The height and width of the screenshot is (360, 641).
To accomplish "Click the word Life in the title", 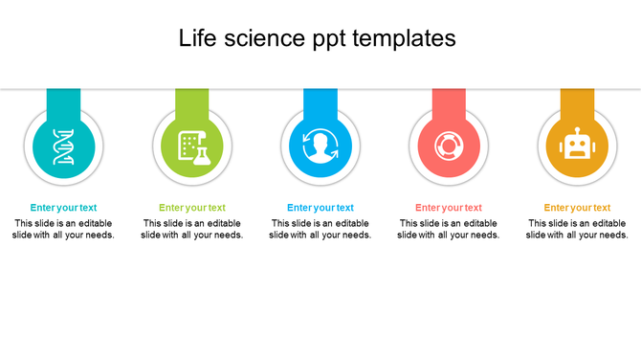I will coord(198,38).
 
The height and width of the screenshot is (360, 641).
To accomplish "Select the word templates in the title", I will coord(404,38).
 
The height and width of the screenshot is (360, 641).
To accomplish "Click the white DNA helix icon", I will coord(64,146).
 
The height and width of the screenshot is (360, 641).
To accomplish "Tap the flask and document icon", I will coord(192,146).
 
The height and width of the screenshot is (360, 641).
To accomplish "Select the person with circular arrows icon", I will coord(320,146).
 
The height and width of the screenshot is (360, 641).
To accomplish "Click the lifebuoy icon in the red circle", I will coord(449,146).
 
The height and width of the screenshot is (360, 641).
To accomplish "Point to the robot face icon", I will coord(577,146).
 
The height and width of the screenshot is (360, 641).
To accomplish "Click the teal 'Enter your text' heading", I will coord(63,208).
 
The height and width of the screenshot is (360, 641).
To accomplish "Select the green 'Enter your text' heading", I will coord(192,208).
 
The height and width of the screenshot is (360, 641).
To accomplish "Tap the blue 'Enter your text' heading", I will coord(320,208).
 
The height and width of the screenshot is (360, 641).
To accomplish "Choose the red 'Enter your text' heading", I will coord(449,208).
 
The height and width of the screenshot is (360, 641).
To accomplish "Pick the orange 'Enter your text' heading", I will coord(577,208).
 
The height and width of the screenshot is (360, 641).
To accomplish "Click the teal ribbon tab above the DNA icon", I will coord(64,99).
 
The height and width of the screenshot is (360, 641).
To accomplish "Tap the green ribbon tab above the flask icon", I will coord(192,99).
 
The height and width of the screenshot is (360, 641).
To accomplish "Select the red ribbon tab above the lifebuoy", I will coord(449,99).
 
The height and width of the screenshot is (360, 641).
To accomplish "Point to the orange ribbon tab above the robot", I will coord(577,99).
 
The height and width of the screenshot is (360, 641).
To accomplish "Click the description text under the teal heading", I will coord(63,229).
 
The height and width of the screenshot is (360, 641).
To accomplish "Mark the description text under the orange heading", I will coord(577,229).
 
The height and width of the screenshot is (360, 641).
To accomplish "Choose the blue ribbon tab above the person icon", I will coord(320,99).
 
